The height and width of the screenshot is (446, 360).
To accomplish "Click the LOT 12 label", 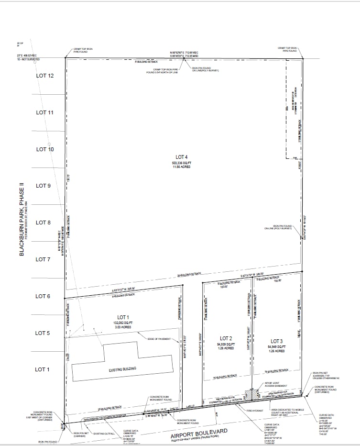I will pos(44,76).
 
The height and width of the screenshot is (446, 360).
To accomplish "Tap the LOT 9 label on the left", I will pos(44,186).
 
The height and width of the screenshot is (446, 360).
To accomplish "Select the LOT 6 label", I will pos(43,297).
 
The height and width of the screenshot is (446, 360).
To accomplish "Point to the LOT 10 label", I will pos(44,149).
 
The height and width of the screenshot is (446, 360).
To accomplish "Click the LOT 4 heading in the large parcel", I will pos(182,157).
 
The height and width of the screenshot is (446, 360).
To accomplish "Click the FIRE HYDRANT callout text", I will pos(255,411).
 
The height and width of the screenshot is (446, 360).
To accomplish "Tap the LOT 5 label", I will pos(43,333).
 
